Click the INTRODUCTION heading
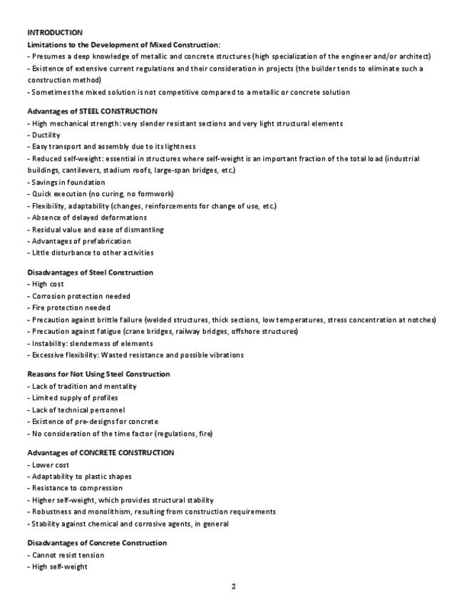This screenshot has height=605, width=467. point(55,32)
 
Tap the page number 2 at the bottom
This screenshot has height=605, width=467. point(233,586)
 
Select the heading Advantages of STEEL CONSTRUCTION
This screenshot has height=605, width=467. point(92,111)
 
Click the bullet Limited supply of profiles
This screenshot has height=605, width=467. point(73,397)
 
